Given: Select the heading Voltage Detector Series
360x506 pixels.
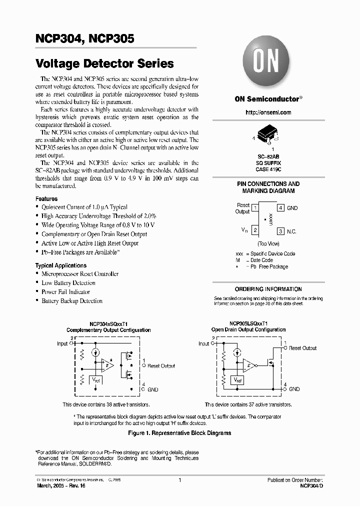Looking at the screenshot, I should [x=104, y=63].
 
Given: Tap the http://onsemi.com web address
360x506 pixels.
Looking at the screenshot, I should [x=268, y=112].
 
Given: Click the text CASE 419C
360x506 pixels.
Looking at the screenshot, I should [x=268, y=169].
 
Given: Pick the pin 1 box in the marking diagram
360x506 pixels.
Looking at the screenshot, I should [x=255, y=207].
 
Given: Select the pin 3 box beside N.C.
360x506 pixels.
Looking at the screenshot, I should [x=281, y=231].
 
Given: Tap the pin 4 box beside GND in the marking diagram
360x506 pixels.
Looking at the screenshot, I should [x=281, y=207].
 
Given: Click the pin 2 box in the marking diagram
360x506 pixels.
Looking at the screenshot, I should [x=255, y=230].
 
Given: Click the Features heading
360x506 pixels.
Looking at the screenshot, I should [x=46, y=198].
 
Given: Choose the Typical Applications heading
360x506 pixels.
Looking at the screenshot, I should [x=60, y=265].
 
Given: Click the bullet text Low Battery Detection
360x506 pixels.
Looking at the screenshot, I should [x=68, y=283].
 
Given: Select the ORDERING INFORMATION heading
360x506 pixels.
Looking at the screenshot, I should [x=268, y=289].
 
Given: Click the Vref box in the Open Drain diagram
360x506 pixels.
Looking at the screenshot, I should [x=237, y=380].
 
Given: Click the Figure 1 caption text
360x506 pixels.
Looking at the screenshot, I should [x=179, y=433].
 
